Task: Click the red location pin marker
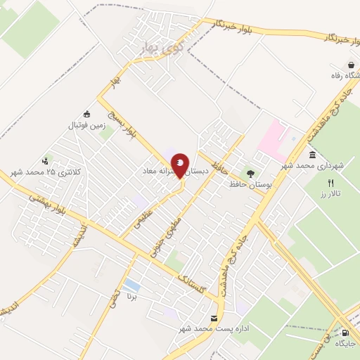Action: pyautogui.click(x=181, y=167)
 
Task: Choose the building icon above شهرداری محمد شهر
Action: pyautogui.click(x=311, y=155)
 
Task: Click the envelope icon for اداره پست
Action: pyautogui.click(x=214, y=318)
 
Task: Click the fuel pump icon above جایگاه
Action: pyautogui.click(x=345, y=333)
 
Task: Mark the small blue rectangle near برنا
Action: pyautogui.click(x=131, y=284)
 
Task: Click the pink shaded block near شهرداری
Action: pyautogui.click(x=274, y=136)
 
